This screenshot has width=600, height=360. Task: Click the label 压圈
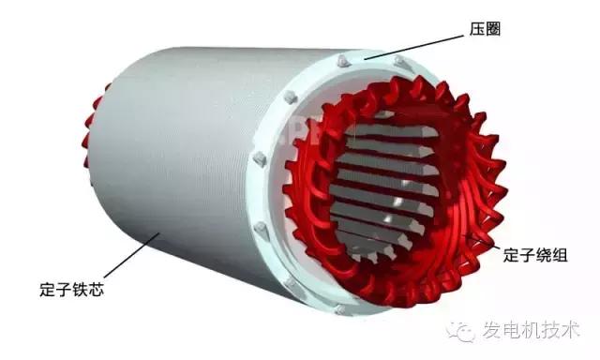tap(486, 29)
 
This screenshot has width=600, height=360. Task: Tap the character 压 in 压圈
tap(477, 29)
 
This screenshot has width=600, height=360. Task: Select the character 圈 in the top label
tap(493, 29)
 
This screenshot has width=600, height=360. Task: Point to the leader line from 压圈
tap(413, 48)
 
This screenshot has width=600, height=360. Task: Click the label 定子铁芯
tap(72, 290)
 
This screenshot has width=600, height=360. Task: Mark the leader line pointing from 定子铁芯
tap(131, 255)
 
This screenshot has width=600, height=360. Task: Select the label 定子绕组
tap(535, 255)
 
